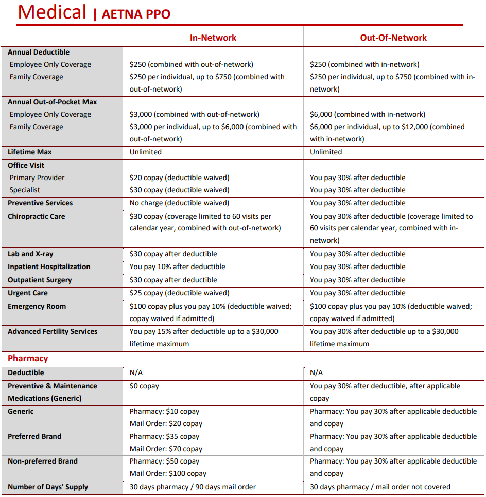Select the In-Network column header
(213, 38)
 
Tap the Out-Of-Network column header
(393, 38)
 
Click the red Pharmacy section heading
(28, 358)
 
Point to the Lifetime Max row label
(30, 152)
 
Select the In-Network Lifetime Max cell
(146, 152)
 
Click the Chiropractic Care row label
(37, 216)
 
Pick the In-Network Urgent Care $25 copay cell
(179, 293)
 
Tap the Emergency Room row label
(37, 306)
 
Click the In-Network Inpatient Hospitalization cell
(177, 267)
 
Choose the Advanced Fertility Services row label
(53, 331)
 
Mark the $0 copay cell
(144, 386)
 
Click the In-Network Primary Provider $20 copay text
(179, 177)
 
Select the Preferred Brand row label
(34, 436)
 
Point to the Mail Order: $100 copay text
(168, 473)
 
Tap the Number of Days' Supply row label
(48, 487)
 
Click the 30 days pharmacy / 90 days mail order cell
(193, 487)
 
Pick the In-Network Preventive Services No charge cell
(179, 203)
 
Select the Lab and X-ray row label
(30, 254)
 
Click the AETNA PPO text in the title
(136, 14)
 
